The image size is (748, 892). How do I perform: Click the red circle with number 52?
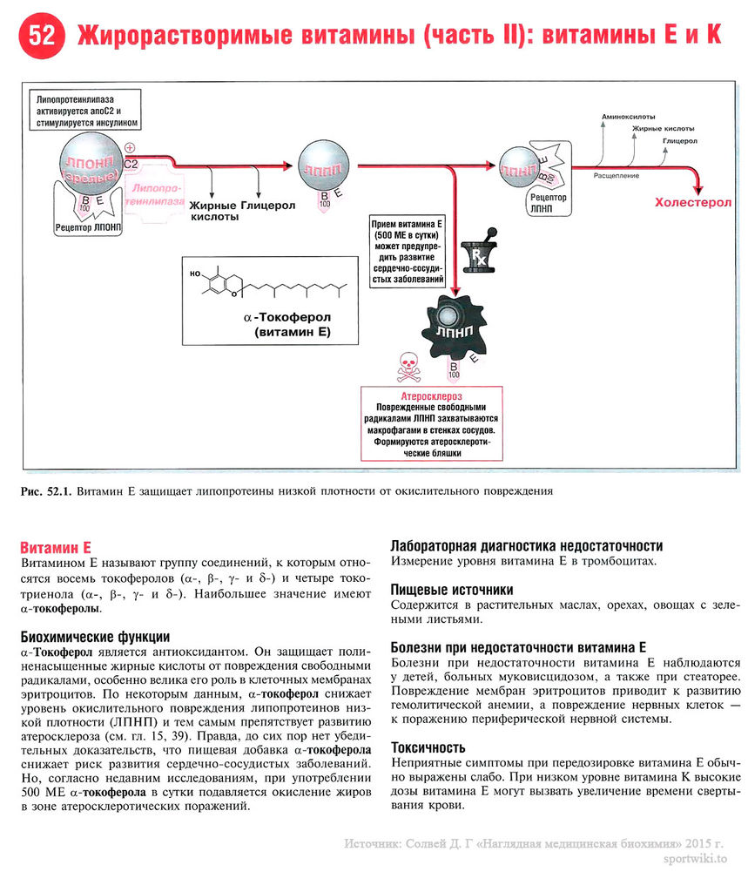(x=42, y=37)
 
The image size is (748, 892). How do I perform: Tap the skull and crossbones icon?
(x=408, y=367)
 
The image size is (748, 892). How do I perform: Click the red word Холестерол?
(x=693, y=202)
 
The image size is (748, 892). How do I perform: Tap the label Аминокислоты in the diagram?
(x=628, y=116)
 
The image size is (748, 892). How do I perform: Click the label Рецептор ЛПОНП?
(x=88, y=228)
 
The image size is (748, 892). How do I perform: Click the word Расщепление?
(x=616, y=175)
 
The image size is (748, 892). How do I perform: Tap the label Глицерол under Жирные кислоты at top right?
(x=679, y=139)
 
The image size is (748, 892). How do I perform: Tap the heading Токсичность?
(x=428, y=747)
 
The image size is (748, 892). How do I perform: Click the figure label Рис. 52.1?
(x=44, y=491)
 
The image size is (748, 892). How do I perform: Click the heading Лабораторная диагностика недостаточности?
(x=526, y=545)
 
